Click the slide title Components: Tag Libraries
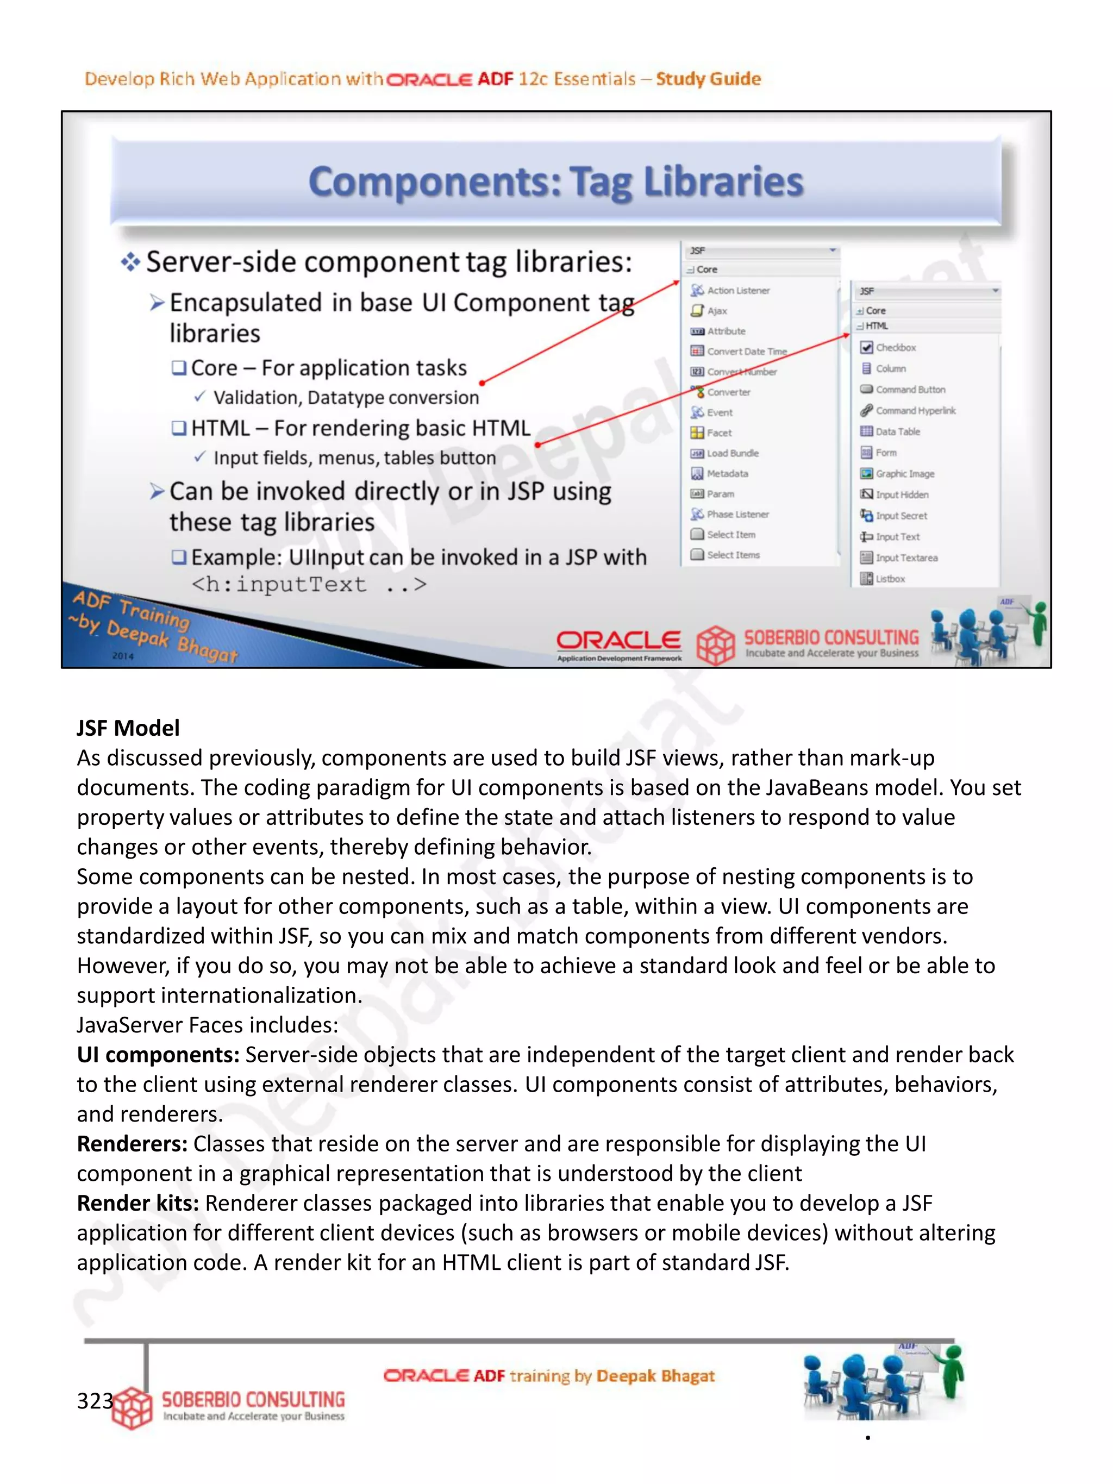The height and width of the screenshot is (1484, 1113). tap(555, 182)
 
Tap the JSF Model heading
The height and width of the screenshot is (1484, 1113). tap(128, 728)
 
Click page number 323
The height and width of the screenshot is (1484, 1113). tap(95, 1400)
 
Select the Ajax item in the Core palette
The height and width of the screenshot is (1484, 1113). tap(716, 311)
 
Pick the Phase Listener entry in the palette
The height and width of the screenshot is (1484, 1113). tap(736, 514)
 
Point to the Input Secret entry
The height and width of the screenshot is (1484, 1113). tap(901, 515)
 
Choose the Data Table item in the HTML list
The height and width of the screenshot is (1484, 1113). tap(897, 431)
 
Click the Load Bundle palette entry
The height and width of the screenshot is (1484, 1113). tap(732, 453)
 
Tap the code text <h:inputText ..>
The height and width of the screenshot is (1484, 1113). tap(309, 584)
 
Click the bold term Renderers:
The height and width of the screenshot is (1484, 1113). tap(132, 1144)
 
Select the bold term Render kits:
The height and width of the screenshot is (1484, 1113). tap(137, 1203)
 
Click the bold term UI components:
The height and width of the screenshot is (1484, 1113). tap(158, 1055)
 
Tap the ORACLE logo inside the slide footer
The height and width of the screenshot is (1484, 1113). tap(618, 641)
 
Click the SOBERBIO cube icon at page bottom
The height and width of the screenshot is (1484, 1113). tap(133, 1407)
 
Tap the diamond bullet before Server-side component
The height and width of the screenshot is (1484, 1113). tap(130, 262)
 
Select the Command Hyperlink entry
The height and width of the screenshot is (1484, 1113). tap(915, 411)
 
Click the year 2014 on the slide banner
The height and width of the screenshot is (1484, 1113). tap(123, 655)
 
